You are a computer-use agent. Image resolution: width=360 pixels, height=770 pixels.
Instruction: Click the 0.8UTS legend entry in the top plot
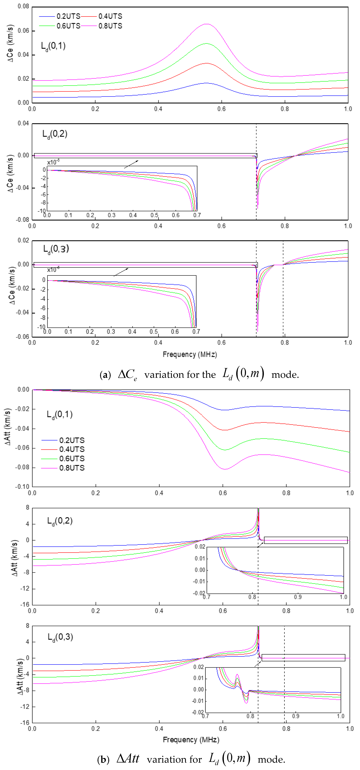coord(110,26)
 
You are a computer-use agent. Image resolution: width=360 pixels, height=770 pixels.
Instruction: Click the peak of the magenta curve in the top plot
coord(206,24)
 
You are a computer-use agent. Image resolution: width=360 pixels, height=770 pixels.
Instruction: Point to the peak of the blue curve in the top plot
coord(206,83)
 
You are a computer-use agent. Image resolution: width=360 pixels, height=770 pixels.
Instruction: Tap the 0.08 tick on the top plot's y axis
coord(23,6)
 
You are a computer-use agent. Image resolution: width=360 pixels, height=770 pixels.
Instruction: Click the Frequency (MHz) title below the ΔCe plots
coord(190,355)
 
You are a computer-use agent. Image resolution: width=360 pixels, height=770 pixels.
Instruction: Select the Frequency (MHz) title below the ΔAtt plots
coord(191,740)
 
